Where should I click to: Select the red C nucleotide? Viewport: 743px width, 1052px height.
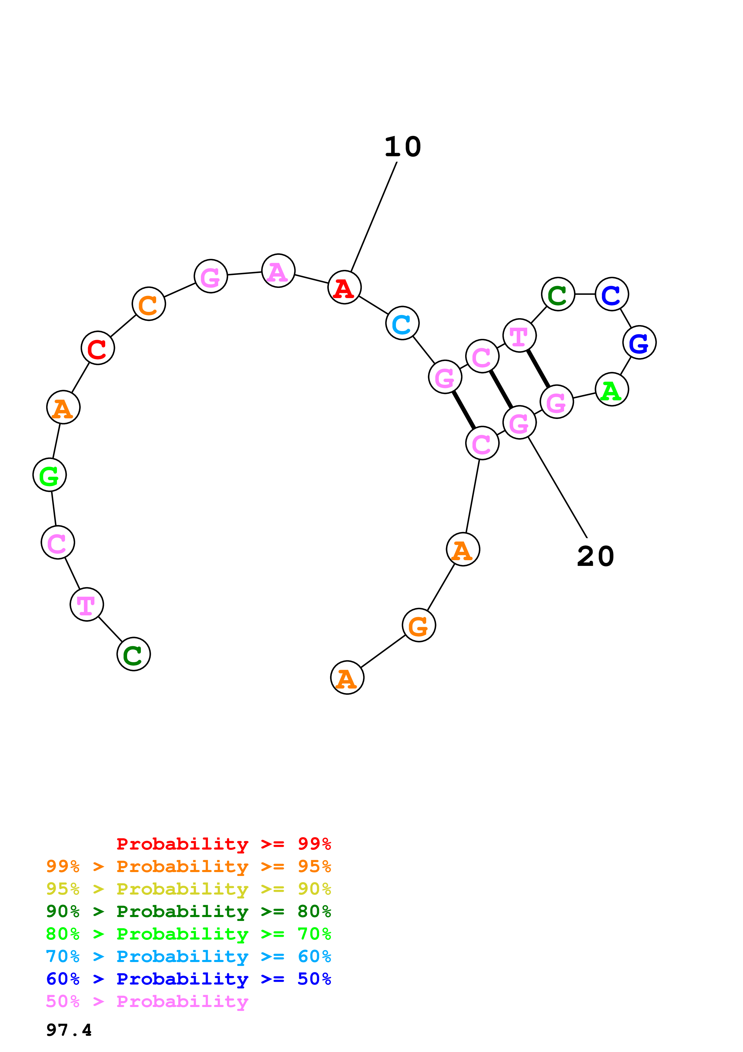(97, 348)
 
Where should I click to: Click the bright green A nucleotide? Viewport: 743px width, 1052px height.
(612, 390)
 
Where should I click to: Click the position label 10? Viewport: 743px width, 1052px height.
(403, 147)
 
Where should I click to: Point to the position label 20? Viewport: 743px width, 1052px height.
(595, 556)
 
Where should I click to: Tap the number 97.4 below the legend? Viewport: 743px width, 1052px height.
(69, 1030)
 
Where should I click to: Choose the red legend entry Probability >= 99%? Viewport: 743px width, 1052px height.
(223, 844)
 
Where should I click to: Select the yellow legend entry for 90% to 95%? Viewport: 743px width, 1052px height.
(188, 889)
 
